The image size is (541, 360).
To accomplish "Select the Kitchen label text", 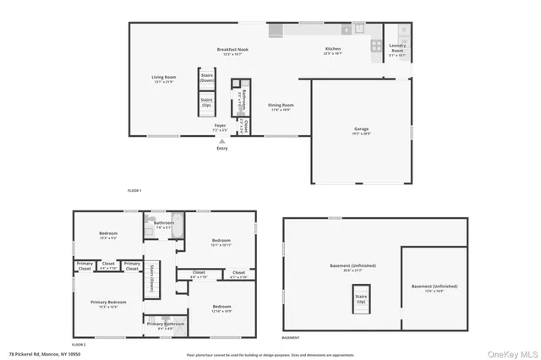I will [x=333, y=52].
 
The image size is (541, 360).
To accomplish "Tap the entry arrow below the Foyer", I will [x=221, y=142].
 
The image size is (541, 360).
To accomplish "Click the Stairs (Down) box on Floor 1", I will [x=206, y=76].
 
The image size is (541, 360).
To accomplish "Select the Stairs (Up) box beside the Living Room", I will [x=206, y=102].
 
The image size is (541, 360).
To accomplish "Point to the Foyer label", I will [x=219, y=126].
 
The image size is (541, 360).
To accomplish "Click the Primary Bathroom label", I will [x=164, y=324].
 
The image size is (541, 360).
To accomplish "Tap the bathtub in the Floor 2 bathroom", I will [x=176, y=217].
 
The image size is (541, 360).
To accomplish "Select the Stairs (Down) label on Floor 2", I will [x=151, y=278].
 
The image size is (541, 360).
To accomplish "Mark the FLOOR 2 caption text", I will [x=79, y=345].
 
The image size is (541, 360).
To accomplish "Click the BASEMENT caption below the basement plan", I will [x=290, y=337].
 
